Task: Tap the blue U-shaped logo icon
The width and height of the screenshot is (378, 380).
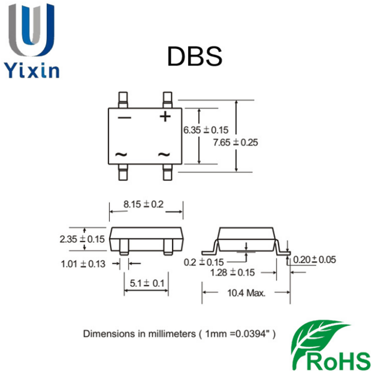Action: point(32,30)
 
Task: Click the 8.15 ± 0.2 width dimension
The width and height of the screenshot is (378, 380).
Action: point(143,204)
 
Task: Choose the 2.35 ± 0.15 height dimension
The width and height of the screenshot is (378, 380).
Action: point(81,239)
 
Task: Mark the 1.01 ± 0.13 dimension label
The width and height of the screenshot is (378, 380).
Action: point(83,263)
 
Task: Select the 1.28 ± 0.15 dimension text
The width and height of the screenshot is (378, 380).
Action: point(232,272)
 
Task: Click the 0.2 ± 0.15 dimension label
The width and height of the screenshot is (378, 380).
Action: point(204,262)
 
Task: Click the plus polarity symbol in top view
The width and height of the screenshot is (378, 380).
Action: point(165,116)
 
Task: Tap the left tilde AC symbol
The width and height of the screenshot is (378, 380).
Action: point(121,154)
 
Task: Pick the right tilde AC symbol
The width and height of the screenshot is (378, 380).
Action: point(164,154)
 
